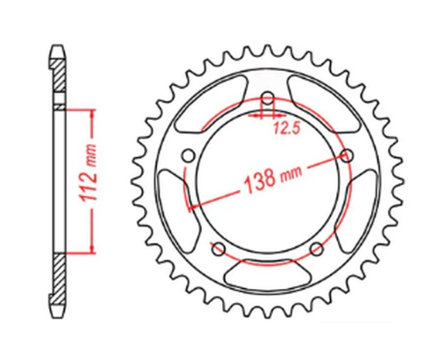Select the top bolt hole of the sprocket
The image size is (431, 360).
tap(268, 99)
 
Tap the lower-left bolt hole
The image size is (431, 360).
tap(218, 249)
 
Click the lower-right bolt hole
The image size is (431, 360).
tap(317, 249)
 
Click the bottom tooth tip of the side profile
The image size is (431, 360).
tap(59, 311)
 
